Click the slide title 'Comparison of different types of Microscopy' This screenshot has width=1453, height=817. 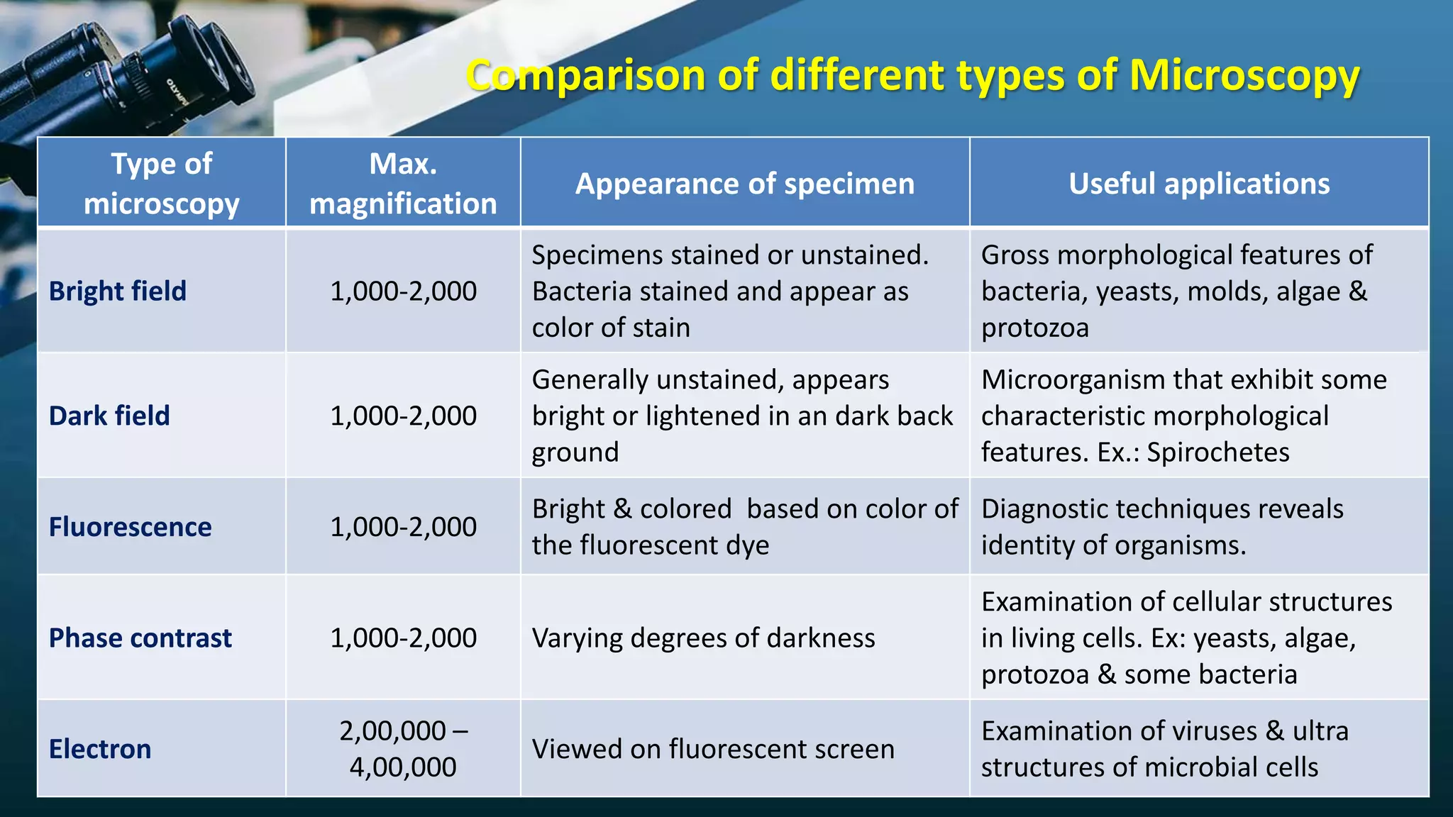click(x=912, y=75)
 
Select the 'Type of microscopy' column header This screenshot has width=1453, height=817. click(x=162, y=183)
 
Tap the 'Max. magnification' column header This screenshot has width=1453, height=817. click(x=403, y=183)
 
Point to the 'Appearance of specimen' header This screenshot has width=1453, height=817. click(x=745, y=184)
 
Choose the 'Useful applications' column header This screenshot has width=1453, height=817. click(x=1199, y=184)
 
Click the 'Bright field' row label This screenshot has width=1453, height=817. click(x=118, y=291)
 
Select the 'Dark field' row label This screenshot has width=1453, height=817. click(x=109, y=416)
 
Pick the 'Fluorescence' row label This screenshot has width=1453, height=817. click(x=131, y=527)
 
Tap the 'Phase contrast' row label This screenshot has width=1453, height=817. click(x=140, y=638)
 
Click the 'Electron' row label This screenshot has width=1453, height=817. click(x=100, y=749)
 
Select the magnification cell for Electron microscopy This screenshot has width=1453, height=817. click(x=403, y=748)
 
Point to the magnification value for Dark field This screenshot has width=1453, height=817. click(x=403, y=416)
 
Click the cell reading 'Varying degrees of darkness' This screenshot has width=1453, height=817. click(x=703, y=638)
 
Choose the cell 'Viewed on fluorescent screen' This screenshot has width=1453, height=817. click(x=713, y=749)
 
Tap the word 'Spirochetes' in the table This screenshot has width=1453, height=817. click(x=1218, y=452)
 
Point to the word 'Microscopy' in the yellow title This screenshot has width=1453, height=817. click(x=1244, y=75)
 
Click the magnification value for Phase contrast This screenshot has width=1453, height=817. click(x=403, y=638)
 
